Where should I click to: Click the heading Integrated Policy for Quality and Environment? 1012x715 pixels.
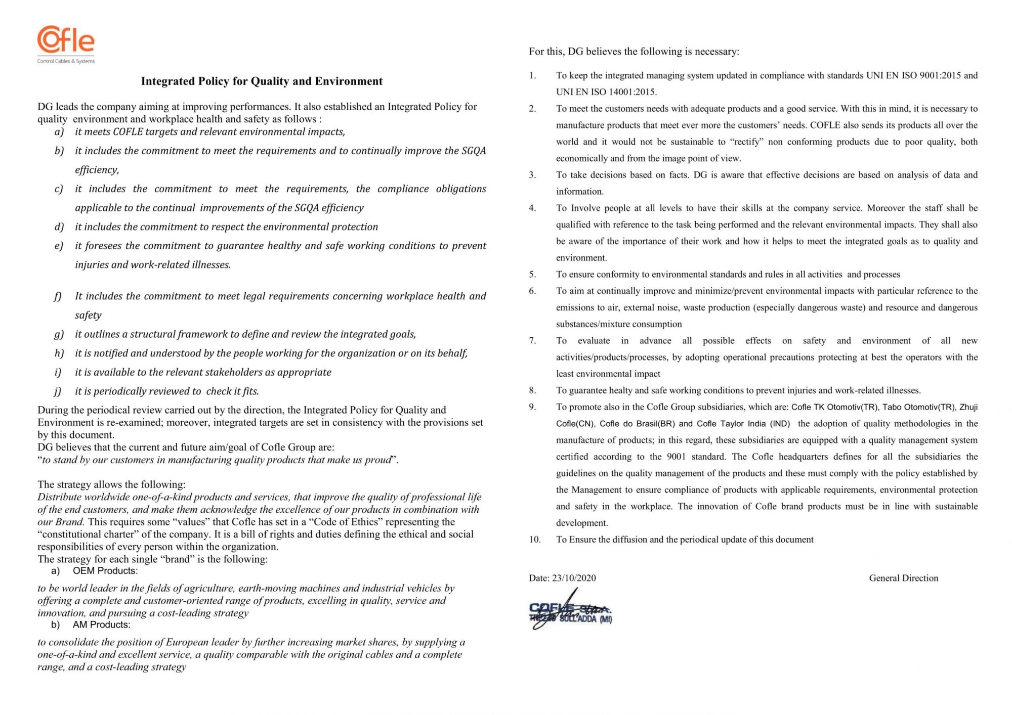pyautogui.click(x=262, y=81)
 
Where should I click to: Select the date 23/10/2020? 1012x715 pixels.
pyautogui.click(x=574, y=578)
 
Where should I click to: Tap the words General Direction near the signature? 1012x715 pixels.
pyautogui.click(x=903, y=578)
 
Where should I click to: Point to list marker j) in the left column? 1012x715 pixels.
pyautogui.click(x=58, y=391)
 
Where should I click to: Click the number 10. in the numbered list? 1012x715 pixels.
pyautogui.click(x=535, y=540)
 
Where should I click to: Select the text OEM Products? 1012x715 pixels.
pyautogui.click(x=105, y=571)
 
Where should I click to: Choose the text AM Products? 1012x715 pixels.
pyautogui.click(x=101, y=625)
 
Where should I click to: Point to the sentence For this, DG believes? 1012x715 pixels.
pyautogui.click(x=634, y=52)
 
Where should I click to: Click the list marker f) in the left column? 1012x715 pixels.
pyautogui.click(x=58, y=296)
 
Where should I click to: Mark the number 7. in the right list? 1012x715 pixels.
pyautogui.click(x=532, y=341)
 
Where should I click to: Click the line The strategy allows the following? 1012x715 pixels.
pyautogui.click(x=111, y=484)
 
